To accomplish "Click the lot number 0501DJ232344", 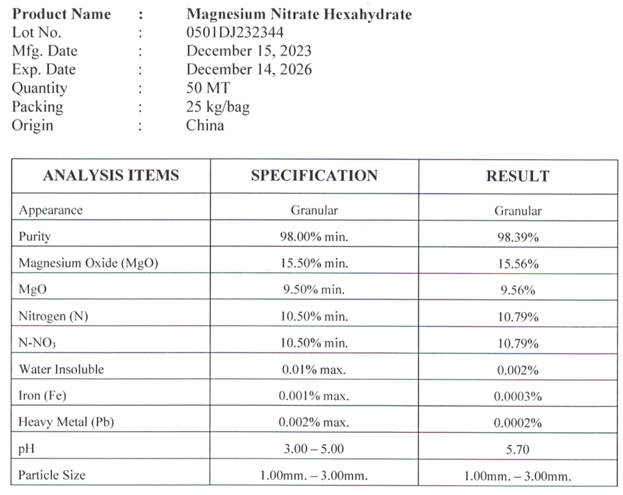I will coord(235,32).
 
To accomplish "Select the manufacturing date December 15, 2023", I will coord(248,51).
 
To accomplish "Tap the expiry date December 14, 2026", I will coord(249,69).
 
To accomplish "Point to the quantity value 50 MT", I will coord(208,88).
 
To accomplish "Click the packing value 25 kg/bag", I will coord(218,107).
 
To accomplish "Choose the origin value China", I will coord(205,125).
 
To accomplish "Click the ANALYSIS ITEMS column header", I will coord(111,175).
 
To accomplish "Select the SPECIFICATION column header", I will coord(314,176).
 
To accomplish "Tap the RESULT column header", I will coord(518,176).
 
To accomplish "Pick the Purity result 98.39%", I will coord(518,238).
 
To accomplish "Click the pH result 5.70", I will coord(517,449).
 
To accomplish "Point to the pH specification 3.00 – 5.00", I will coord(314,449).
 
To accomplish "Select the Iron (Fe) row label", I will coord(42,396).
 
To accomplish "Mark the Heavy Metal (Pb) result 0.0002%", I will coord(518,423).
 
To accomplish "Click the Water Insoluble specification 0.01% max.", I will coord(314,369).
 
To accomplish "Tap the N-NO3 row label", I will coord(37,343).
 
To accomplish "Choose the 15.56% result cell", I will coord(518,264).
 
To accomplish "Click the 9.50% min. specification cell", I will coord(314,290).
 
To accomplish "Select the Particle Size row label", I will coord(52,475).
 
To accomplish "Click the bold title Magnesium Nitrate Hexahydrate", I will coord(299,14).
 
